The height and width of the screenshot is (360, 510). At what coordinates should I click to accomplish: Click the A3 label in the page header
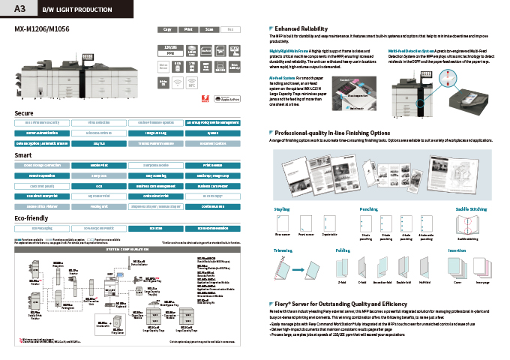coord(20,8)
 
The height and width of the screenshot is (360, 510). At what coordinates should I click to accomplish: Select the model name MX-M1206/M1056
coord(40,29)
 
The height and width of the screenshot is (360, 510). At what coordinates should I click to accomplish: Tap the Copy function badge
coord(167,29)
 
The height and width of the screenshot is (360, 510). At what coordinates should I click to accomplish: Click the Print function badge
coord(188,29)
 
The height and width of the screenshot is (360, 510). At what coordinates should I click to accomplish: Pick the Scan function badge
coord(209,29)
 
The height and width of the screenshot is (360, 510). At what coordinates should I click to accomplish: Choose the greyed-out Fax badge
coord(230,29)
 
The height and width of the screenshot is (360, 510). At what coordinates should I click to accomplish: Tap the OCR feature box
coord(99,184)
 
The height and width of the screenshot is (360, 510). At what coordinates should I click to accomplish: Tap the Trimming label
coord(283,248)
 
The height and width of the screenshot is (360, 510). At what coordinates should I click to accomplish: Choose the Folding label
coord(343,248)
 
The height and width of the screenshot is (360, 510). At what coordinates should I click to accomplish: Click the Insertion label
coord(457,248)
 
